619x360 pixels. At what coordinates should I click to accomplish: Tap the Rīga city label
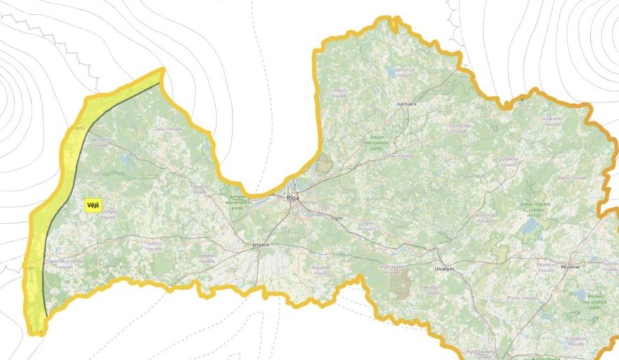(x=293, y=198)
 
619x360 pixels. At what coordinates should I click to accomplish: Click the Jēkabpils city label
(x=444, y=269)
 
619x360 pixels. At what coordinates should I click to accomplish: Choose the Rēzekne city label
(x=569, y=266)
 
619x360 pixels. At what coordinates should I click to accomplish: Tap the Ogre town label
(x=336, y=218)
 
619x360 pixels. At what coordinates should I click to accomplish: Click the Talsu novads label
(x=169, y=129)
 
